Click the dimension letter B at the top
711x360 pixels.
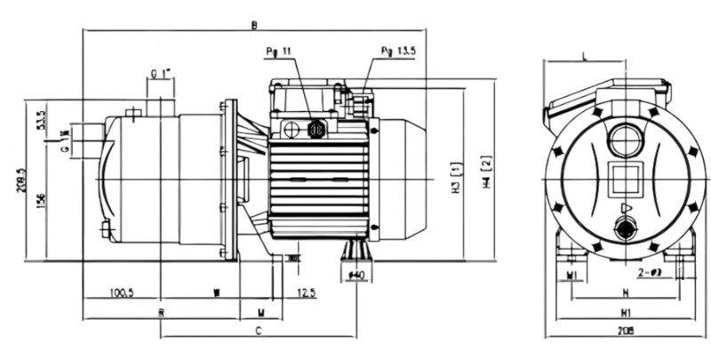pos(255,24)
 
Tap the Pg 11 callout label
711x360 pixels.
pos(277,51)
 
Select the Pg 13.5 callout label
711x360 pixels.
pos(395,52)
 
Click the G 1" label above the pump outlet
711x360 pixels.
pos(160,72)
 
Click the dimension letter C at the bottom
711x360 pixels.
pos(257,331)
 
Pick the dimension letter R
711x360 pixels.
pos(162,312)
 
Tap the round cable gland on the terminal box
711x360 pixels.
pos(314,127)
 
